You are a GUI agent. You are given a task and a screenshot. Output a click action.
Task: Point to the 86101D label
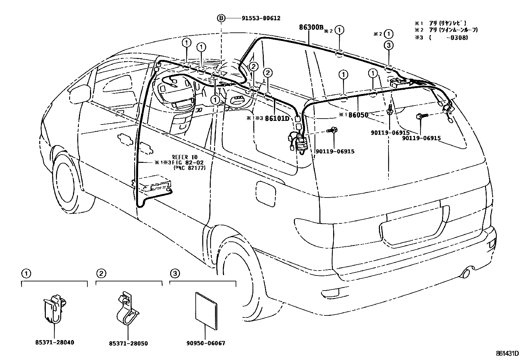[277, 118]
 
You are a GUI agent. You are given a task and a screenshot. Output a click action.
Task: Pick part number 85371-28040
[54, 343]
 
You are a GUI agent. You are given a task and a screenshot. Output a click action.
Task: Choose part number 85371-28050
[128, 344]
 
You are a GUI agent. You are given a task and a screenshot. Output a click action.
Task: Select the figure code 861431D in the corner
[507, 353]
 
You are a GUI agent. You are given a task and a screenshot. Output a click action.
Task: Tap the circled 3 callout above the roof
[388, 46]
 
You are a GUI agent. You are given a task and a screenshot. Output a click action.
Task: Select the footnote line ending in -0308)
[441, 38]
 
